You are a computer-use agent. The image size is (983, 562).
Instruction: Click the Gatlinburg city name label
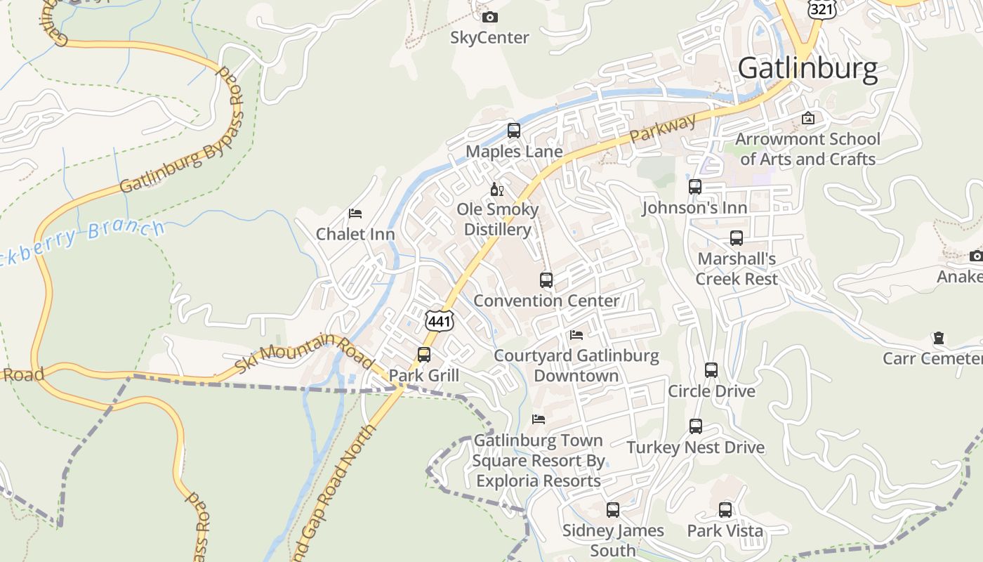807,69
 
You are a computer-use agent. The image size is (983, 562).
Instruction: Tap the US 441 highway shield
440,320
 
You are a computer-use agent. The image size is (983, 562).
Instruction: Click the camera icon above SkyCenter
489,17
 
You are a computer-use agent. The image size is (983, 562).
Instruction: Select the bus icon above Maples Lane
514,131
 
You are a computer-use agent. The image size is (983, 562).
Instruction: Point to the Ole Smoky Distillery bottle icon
496,189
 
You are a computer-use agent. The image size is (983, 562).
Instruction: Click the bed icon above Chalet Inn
355,214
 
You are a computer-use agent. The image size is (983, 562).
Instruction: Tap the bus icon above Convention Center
546,280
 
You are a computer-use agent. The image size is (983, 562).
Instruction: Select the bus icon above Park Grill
424,355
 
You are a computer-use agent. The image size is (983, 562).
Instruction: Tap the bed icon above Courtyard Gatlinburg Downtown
576,335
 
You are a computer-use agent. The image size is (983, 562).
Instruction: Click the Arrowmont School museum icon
808,118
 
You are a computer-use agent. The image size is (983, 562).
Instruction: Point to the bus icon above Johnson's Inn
695,187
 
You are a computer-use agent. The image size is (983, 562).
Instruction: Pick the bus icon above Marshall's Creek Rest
737,238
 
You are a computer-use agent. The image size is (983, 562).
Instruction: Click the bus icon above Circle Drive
711,370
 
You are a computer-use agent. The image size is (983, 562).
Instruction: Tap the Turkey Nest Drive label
695,447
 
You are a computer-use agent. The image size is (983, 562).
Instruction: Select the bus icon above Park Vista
725,510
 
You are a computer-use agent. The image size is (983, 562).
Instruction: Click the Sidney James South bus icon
613,510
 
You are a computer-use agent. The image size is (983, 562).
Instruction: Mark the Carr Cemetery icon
938,339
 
